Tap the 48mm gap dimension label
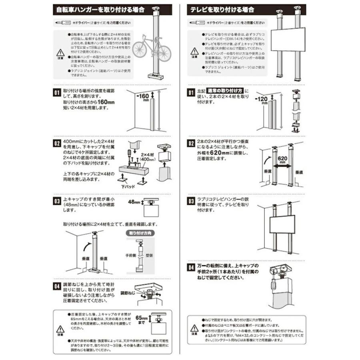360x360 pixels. pyautogui.click(x=133, y=203)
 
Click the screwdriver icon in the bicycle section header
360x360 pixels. pyautogui.click(x=64, y=22)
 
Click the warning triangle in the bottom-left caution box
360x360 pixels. pyautogui.click(x=60, y=329)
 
